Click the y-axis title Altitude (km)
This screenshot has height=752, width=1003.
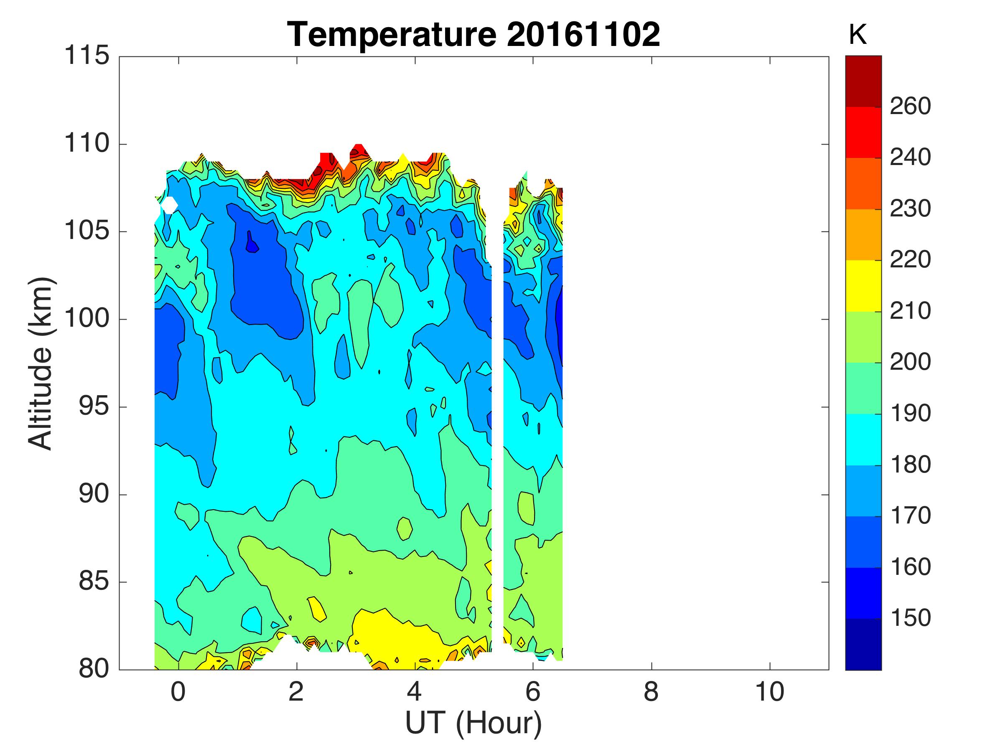41,363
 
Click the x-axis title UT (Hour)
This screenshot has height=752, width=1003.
473,722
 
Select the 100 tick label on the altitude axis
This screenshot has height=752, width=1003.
87,319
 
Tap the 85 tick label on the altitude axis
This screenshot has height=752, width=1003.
94,581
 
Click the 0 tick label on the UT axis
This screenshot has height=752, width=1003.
178,692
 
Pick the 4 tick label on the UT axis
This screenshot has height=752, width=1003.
415,692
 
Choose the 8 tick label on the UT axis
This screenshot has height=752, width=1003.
651,692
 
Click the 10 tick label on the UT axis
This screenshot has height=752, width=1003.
769,692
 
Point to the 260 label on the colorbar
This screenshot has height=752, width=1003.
910,107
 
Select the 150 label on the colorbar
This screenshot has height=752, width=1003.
910,618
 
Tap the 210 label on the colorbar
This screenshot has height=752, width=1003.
910,311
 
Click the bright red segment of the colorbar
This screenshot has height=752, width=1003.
863,132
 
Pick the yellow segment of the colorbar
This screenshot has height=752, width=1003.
863,286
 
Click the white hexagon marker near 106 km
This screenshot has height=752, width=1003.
169,206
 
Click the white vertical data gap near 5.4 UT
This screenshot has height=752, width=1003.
497,408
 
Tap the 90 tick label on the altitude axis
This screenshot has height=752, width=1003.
94,494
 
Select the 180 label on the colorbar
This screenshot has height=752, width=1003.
910,465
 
